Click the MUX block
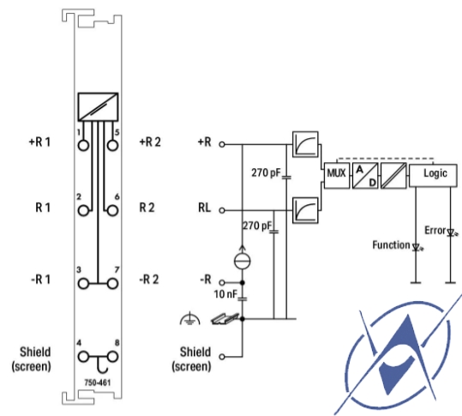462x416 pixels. coord(337,176)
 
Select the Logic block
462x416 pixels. coord(433,176)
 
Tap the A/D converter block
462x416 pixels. coord(365,176)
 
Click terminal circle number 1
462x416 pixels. coord(83,145)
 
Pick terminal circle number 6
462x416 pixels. coord(112,210)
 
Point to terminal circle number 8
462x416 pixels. coord(112,357)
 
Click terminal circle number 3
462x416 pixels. coord(83,284)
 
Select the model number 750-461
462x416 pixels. coord(98,383)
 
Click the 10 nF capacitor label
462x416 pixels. coord(225,294)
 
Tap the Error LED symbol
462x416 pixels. coord(451,232)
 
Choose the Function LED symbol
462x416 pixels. coord(416,247)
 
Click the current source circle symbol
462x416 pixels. coord(243,261)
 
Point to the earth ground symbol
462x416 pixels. coord(189,319)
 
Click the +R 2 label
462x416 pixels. coord(150,142)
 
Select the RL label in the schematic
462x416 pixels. coord(205,208)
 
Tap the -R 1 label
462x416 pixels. coord(41,280)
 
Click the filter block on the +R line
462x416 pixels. coord(305,144)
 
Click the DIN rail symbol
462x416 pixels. coord(225,318)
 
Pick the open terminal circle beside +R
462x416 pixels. coord(222,144)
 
